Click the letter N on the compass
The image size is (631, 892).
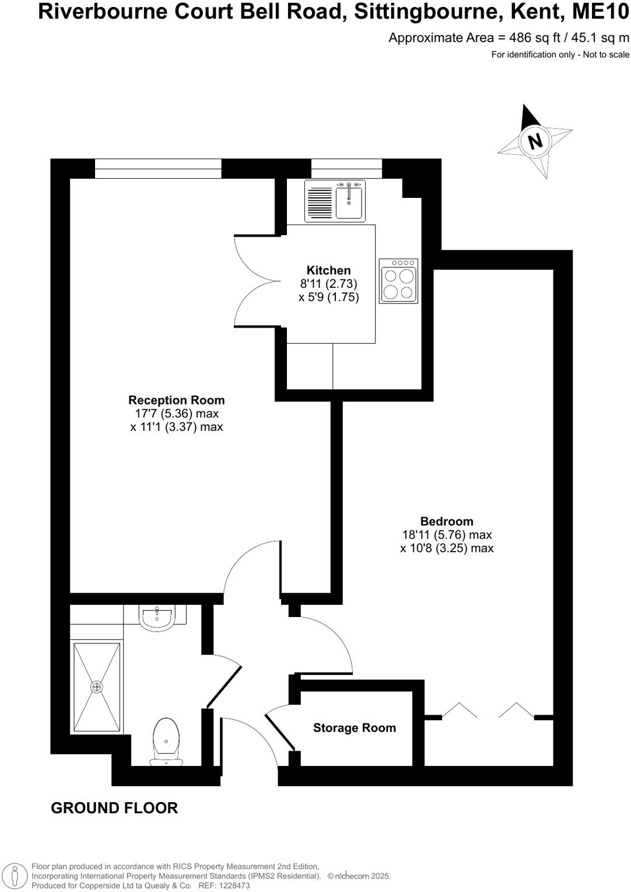[x=535, y=141]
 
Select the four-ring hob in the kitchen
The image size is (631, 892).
[x=399, y=281]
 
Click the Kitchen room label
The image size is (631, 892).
[x=329, y=270]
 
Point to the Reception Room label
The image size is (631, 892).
[x=176, y=400]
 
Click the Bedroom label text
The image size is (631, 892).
[x=447, y=521]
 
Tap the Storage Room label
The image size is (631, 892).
[x=355, y=728]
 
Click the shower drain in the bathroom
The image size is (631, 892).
[x=97, y=687]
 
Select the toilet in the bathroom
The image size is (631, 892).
[x=167, y=741]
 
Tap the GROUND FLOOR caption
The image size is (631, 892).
[x=114, y=808]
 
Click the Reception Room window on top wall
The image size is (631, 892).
[x=158, y=169]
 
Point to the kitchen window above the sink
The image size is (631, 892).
[x=346, y=169]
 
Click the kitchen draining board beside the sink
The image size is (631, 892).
[x=320, y=201]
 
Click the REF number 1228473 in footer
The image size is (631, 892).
[x=233, y=886]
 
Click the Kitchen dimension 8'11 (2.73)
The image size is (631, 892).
[x=328, y=284]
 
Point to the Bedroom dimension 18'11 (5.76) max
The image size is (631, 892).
[x=447, y=535]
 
